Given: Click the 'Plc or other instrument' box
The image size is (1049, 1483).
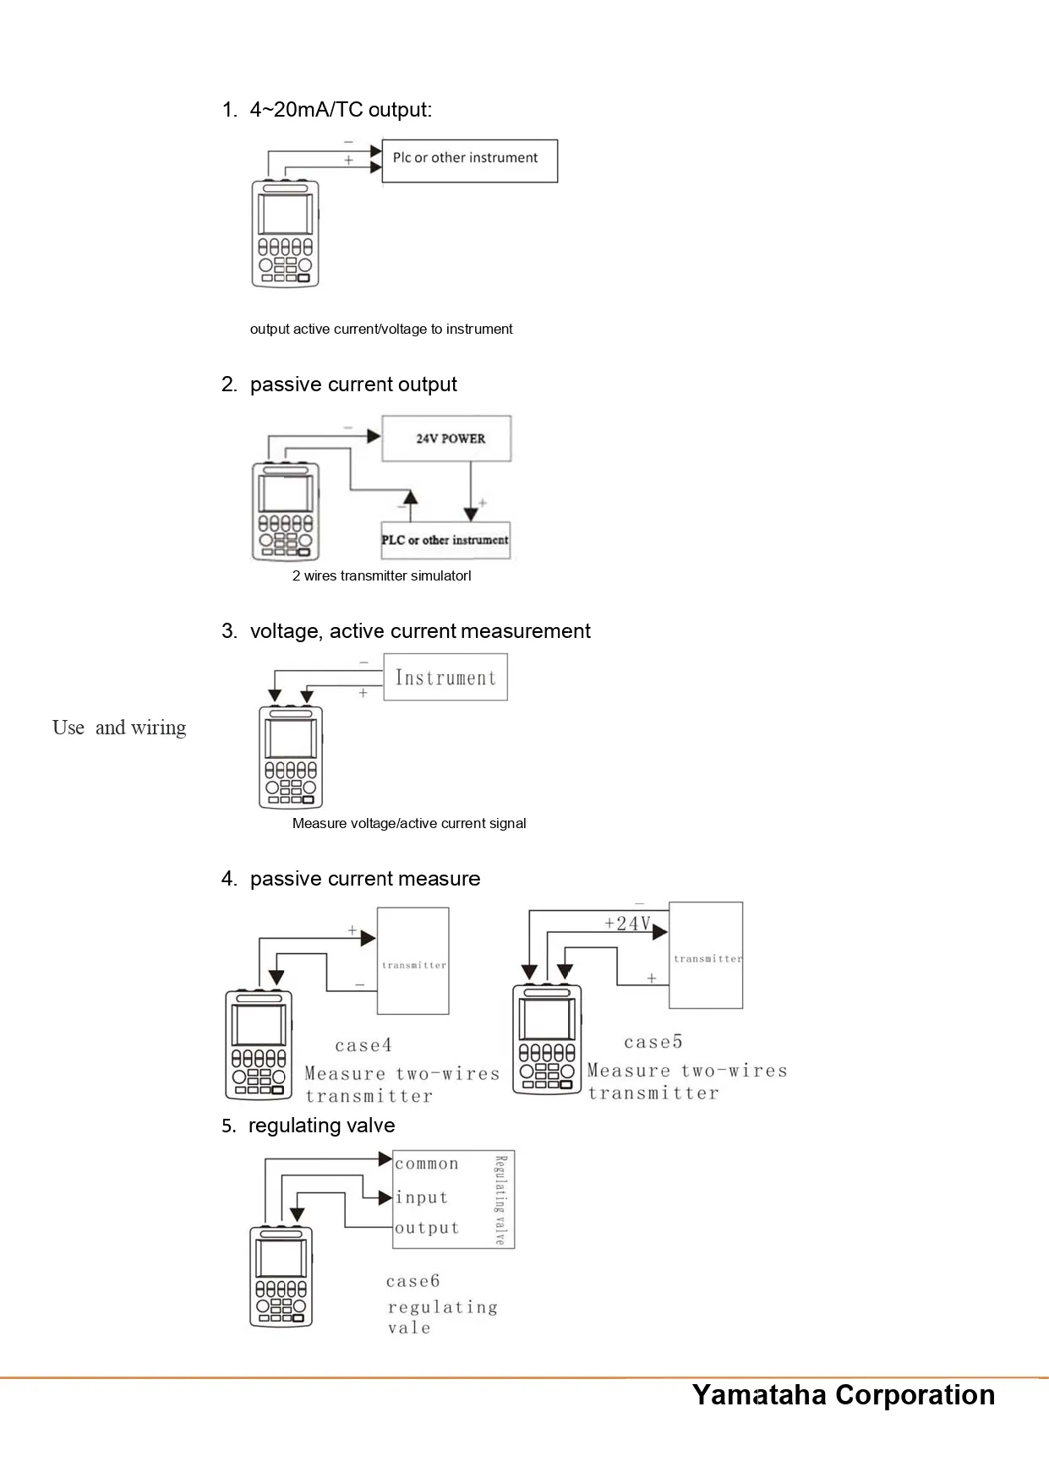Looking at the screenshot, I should (x=469, y=161).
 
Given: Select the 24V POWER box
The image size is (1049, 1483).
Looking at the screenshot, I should (x=446, y=438).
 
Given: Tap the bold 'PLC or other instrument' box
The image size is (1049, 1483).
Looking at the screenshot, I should (x=445, y=540).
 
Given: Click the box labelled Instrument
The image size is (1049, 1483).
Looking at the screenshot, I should (x=445, y=677).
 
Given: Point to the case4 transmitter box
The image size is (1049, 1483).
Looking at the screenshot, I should (x=412, y=962).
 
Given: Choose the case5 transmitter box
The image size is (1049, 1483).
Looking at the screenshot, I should (x=706, y=956).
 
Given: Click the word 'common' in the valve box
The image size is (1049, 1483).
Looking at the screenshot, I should (x=427, y=1164).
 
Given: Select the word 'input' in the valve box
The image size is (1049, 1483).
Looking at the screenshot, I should (x=422, y=1197).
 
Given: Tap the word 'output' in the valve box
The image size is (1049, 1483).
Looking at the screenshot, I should (x=427, y=1228).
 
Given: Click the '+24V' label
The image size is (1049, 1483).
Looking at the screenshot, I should (x=627, y=923).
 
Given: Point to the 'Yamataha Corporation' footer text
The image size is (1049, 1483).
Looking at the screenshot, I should (x=844, y=1394).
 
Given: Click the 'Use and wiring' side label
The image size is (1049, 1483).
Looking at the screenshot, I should (x=119, y=728).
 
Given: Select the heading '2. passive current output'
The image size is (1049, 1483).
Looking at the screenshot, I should (x=339, y=384).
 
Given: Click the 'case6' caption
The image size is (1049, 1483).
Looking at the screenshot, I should (x=412, y=1281).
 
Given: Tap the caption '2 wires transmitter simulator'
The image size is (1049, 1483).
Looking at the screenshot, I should (x=381, y=576).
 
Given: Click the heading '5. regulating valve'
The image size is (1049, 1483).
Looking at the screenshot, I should (x=309, y=1126).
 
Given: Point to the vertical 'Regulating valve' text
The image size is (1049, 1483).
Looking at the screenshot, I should (x=500, y=1200).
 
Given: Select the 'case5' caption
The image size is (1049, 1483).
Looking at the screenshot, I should (x=653, y=1042).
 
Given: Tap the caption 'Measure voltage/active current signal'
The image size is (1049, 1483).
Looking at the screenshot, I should (x=409, y=823).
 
